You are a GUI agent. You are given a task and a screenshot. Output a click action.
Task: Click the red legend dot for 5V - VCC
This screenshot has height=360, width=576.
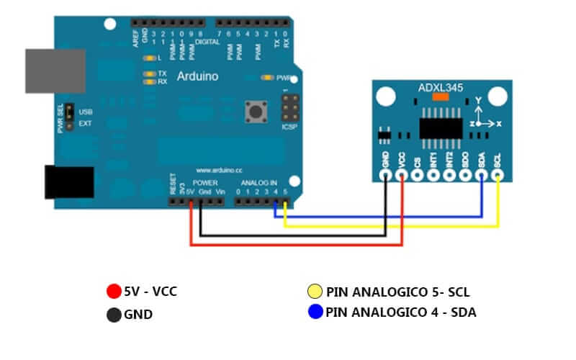tap(112, 292)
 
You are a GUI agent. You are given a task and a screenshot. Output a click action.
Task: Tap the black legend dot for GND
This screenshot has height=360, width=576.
tap(113, 314)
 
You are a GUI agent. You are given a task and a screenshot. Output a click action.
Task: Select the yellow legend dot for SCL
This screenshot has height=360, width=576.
tap(314, 292)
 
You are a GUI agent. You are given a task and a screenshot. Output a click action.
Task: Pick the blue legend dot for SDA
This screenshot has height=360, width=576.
tap(314, 312)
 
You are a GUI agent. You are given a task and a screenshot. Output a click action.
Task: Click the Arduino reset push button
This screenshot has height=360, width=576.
tap(253, 112)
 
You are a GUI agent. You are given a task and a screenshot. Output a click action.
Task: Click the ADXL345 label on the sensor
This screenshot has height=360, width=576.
tap(441, 88)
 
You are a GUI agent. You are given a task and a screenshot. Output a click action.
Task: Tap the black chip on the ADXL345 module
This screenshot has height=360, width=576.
tap(441, 127)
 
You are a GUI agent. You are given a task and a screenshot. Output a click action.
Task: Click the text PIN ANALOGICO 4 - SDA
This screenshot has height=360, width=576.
tap(401, 312)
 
